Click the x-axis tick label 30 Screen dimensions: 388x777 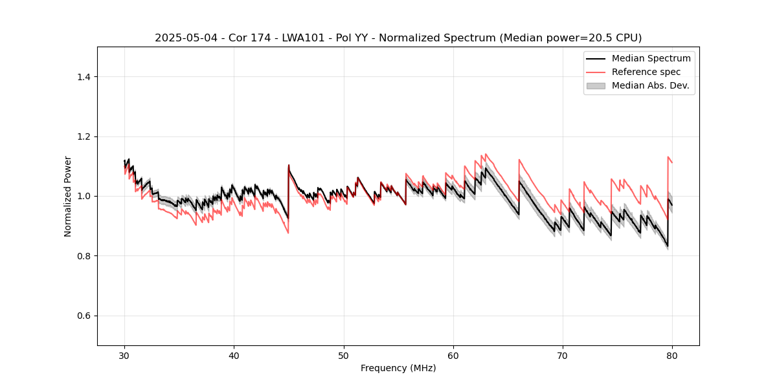click(125, 356)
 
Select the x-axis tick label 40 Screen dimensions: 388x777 click(234, 356)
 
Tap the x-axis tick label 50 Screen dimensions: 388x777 click(344, 356)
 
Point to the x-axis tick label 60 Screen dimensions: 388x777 click(453, 356)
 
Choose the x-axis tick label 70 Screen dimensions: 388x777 click(563, 356)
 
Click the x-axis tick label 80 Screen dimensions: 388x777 click(672, 356)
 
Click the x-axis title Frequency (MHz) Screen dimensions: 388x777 click(398, 369)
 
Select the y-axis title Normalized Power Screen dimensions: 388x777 click(68, 196)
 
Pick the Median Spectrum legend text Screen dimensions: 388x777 click(651, 58)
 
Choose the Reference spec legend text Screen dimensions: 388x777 click(646, 72)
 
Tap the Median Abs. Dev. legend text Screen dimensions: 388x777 click(650, 85)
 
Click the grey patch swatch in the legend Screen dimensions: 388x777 click(596, 85)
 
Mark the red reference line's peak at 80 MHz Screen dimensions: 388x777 click(668, 157)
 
